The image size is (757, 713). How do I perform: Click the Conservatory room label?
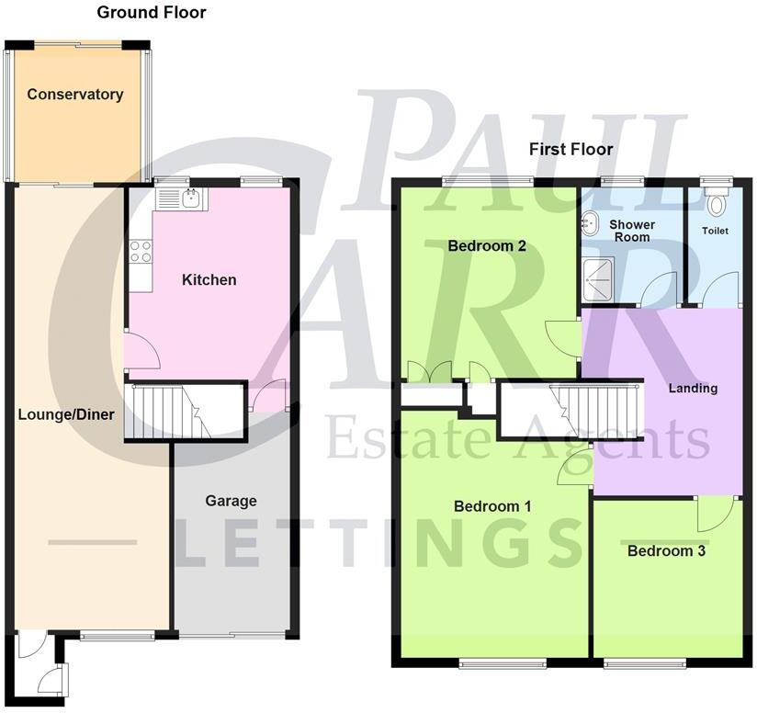(74, 95)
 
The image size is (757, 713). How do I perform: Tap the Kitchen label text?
(209, 280)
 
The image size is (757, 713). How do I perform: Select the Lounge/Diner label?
(66, 414)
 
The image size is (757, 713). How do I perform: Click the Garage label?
(231, 501)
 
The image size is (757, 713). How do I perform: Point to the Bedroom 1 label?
(492, 506)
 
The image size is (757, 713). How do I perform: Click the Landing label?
(693, 389)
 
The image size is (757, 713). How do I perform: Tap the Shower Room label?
(632, 231)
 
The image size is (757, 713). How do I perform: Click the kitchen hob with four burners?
(141, 252)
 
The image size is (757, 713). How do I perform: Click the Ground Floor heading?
(152, 13)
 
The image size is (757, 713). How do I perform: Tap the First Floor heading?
(571, 149)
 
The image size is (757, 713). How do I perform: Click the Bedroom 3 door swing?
(714, 514)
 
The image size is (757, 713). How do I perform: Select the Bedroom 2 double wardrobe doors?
(429, 373)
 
